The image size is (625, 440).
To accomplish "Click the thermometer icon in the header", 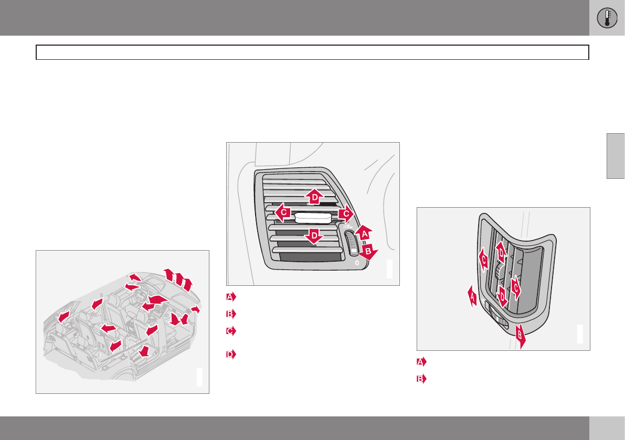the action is pos(607,18).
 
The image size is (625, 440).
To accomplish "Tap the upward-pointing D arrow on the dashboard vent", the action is pos(314,196).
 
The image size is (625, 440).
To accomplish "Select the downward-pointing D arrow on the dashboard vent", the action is pos(314,235).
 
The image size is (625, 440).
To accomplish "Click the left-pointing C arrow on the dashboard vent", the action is pos(283,212).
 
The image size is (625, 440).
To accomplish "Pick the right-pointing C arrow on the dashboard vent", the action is pos(346,214).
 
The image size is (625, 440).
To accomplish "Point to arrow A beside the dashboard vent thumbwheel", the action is pos(364,233).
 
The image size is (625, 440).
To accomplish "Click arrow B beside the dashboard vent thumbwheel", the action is pos(368,251).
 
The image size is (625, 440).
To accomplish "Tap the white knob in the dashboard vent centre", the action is pos(313,218).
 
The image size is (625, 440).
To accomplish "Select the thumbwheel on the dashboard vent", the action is pos(352,243).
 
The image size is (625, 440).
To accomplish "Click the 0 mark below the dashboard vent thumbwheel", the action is pos(357,263).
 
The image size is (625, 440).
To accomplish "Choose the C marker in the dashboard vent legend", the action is pos(231,331).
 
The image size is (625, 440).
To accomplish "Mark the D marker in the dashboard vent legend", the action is pos(231,354).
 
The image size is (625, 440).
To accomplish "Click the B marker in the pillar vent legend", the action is pos(421,379).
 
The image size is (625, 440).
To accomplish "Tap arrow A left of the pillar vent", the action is pos(472,296).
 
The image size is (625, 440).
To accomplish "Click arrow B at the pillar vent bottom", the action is pos(520,336).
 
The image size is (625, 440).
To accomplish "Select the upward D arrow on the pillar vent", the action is pos(501,252).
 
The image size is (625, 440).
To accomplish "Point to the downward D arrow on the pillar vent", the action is pos(502,297).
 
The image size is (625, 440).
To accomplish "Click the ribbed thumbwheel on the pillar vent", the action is pos(497,317).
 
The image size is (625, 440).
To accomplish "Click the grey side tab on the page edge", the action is pos(616,156).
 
